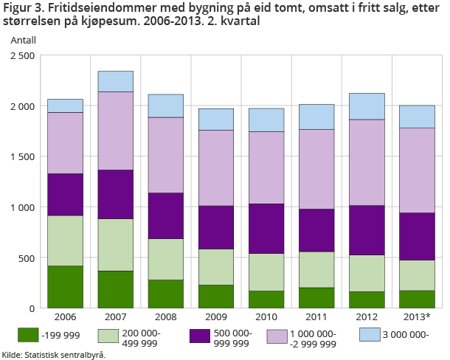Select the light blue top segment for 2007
coord(115,81)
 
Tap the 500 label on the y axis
coord(27,258)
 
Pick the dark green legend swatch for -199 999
coord(28,335)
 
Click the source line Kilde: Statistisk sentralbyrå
coord(54,354)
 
